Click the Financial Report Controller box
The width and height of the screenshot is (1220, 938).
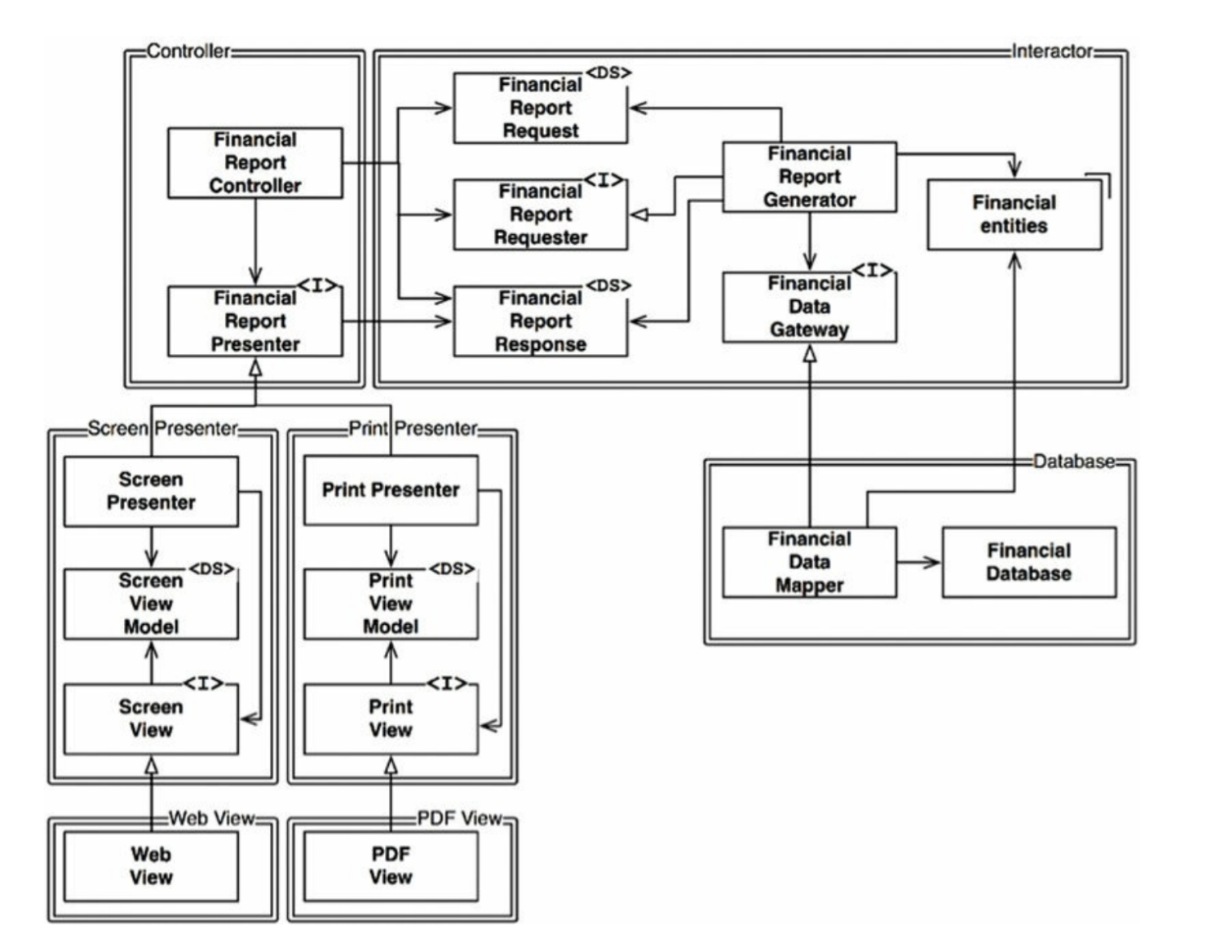[254, 162]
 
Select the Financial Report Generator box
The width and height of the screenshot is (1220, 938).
[809, 177]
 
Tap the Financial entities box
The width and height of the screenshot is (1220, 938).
[1014, 215]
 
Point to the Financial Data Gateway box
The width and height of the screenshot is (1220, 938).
[809, 307]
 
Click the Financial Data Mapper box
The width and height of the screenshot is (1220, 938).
[809, 562]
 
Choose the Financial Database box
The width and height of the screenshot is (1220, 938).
[1028, 562]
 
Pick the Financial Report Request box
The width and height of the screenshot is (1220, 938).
[540, 108]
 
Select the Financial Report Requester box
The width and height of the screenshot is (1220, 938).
[540, 215]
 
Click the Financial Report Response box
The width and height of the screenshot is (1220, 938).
[540, 321]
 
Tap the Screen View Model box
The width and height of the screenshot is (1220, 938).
[151, 604]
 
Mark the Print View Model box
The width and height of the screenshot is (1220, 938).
[391, 604]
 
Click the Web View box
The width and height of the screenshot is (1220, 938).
[151, 865]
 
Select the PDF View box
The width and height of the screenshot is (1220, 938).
[391, 865]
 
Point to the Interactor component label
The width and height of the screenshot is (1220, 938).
[1052, 51]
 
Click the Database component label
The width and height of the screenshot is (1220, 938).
[1073, 462]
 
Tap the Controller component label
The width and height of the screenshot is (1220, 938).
[188, 51]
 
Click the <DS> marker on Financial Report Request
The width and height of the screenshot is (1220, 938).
[608, 73]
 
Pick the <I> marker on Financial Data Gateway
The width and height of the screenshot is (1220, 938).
[873, 271]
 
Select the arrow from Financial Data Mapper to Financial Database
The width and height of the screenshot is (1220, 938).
[919, 562]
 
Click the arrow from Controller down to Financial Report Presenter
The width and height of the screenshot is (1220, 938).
[255, 241]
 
